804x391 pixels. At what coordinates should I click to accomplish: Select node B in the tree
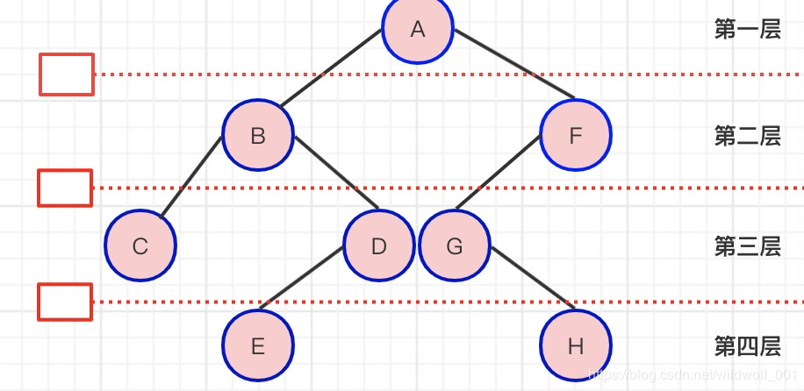click(258, 135)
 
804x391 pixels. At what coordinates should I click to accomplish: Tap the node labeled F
click(575, 135)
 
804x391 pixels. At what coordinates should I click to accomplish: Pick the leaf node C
click(140, 245)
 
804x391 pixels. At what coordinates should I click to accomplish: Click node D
click(378, 245)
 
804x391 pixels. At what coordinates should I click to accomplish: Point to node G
click(455, 245)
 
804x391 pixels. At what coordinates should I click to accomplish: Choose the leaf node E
click(258, 345)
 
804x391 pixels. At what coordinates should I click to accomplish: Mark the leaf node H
click(575, 345)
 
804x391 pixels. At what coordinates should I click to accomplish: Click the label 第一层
click(748, 30)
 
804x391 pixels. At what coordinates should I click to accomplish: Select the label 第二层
click(748, 136)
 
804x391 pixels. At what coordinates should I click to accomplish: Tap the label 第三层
click(748, 246)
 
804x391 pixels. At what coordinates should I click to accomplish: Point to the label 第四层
click(748, 347)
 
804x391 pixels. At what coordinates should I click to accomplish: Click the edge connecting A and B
click(331, 68)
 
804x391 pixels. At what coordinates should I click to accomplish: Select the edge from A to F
click(514, 63)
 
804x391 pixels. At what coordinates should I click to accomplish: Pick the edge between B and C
click(190, 177)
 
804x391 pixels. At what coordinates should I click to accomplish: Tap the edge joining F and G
click(498, 172)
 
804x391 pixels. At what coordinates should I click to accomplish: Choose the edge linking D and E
click(301, 278)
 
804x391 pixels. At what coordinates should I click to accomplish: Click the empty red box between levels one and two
click(67, 75)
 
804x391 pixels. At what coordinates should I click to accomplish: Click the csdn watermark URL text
click(696, 374)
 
